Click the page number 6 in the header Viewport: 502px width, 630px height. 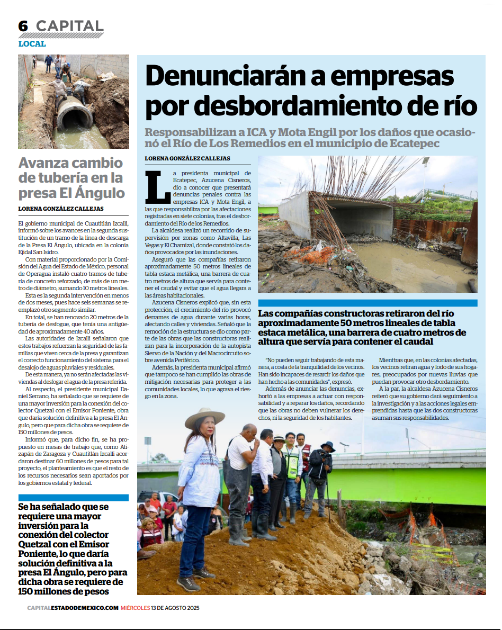click(x=23, y=26)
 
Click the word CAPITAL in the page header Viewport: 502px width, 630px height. click(x=69, y=26)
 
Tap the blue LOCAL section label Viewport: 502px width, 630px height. click(x=32, y=44)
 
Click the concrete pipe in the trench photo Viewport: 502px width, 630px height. click(x=75, y=112)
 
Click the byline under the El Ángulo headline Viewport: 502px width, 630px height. click(x=61, y=209)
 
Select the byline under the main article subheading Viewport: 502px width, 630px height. click(x=187, y=159)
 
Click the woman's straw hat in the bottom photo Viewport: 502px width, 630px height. click(x=204, y=418)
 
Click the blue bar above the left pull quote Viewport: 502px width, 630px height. click(x=73, y=498)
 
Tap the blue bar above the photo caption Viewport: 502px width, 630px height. click(x=367, y=303)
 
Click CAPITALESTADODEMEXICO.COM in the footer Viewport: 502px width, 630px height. click(x=73, y=608)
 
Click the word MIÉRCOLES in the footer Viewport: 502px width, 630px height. click(x=135, y=608)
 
